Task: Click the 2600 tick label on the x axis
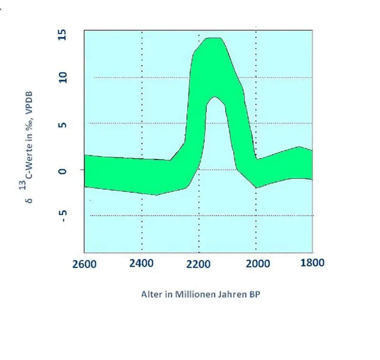[x=85, y=263]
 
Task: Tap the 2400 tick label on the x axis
[x=142, y=263]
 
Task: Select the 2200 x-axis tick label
[x=199, y=263]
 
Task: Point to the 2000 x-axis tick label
[x=256, y=263]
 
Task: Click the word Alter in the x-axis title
[x=151, y=294]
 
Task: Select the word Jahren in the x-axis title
[x=231, y=294]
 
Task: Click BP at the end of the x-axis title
[x=255, y=294]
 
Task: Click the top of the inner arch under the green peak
[x=215, y=97]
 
